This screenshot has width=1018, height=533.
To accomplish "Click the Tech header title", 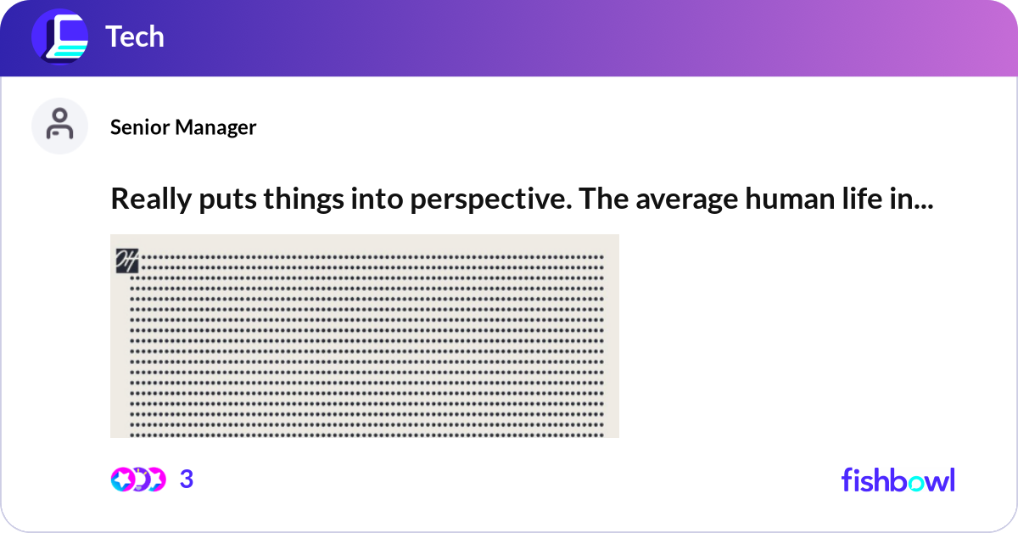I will (x=134, y=37).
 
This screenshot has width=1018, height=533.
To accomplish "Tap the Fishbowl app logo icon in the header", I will (x=59, y=37).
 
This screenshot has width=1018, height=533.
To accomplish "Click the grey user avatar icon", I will (x=59, y=126).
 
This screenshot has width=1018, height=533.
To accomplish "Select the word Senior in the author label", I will (x=140, y=127).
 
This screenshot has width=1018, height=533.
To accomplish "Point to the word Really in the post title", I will (x=143, y=199).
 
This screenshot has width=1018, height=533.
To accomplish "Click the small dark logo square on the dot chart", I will (x=126, y=262).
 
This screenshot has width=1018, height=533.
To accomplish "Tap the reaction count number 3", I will (x=187, y=480).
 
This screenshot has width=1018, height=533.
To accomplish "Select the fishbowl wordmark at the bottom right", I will (x=898, y=480).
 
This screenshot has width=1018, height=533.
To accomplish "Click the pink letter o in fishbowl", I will (x=916, y=481).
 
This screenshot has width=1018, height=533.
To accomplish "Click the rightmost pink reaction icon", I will (x=156, y=480).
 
